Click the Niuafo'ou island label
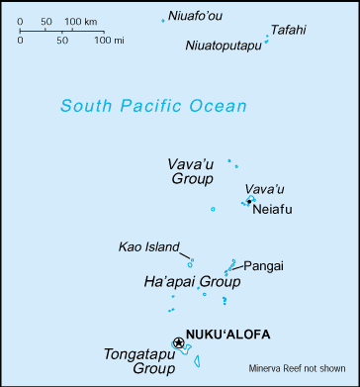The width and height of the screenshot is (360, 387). click(x=196, y=16)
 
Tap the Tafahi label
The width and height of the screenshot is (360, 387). click(x=289, y=30)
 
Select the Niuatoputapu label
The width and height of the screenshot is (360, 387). click(x=224, y=46)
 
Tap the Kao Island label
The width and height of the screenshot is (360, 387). click(x=148, y=246)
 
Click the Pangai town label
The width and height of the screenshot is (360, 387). click(x=263, y=265)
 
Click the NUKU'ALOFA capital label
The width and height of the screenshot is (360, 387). click(x=227, y=335)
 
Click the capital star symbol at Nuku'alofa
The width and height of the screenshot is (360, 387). click(x=178, y=342)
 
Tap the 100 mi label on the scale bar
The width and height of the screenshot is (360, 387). click(x=94, y=41)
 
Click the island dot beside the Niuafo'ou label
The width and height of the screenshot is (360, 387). click(x=163, y=20)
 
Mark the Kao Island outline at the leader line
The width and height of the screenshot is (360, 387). click(x=190, y=262)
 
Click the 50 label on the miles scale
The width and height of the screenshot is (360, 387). click(x=61, y=41)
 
